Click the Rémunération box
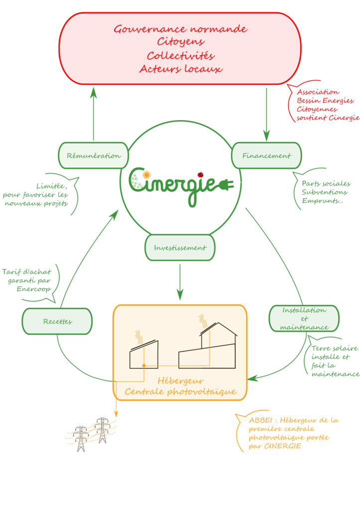pyautogui.click(x=94, y=156)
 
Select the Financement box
pyautogui.click(x=266, y=156)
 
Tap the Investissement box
pyautogui.click(x=180, y=248)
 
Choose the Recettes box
pyautogui.click(x=57, y=321)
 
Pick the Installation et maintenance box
pyautogui.click(x=304, y=318)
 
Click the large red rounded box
pyautogui.click(x=180, y=48)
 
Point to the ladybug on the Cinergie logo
pyautogui.click(x=200, y=175)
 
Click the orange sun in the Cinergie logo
pyautogui.click(x=146, y=175)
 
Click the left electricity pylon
pyautogui.click(x=81, y=439)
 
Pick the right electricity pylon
pyautogui.click(x=102, y=430)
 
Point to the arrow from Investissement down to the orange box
pyautogui.click(x=180, y=282)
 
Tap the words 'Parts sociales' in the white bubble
pyautogui.click(x=326, y=184)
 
